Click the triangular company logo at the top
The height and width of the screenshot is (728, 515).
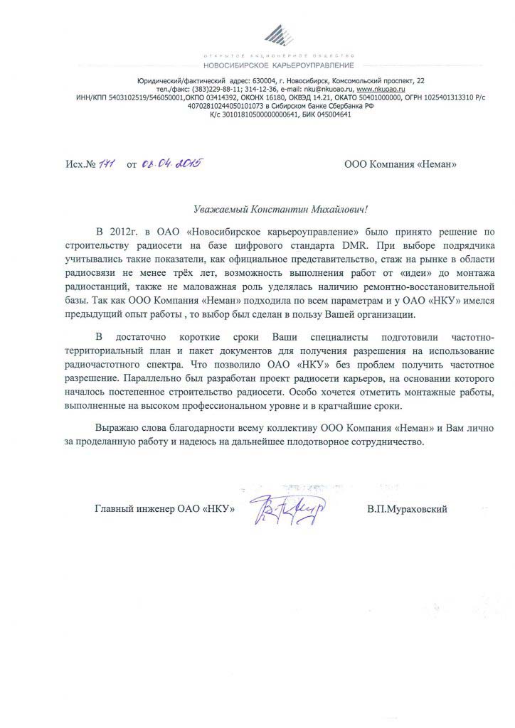click(x=282, y=34)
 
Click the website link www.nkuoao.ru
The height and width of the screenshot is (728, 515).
click(x=379, y=90)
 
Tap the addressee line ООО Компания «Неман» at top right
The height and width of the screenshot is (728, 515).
click(x=400, y=165)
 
